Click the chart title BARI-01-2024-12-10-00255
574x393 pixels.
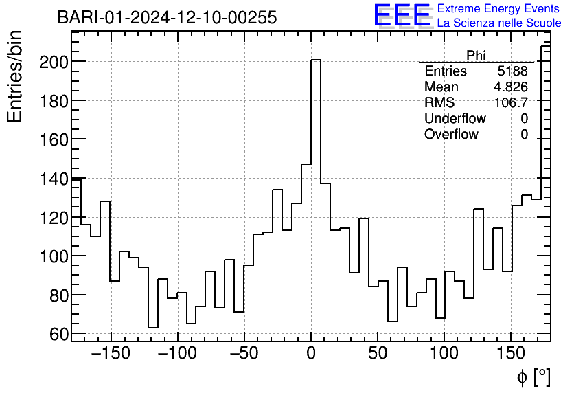[x=167, y=17]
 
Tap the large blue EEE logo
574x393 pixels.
[x=402, y=16]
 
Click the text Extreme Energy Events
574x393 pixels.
[x=499, y=9]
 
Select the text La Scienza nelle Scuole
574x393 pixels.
[x=499, y=23]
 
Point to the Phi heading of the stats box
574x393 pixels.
[x=476, y=56]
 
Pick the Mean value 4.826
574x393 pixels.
[x=511, y=87]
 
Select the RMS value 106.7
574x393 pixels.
[x=512, y=103]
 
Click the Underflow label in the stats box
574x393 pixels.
[x=455, y=119]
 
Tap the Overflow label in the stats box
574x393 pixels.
[x=451, y=135]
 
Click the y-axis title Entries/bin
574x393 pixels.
[x=15, y=76]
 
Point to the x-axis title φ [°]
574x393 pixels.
[x=533, y=377]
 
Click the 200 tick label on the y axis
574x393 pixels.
[x=53, y=62]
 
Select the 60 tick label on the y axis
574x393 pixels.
[x=58, y=334]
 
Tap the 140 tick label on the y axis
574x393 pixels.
[x=53, y=179]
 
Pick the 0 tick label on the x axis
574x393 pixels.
[x=311, y=355]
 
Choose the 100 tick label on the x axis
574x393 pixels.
[x=444, y=355]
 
